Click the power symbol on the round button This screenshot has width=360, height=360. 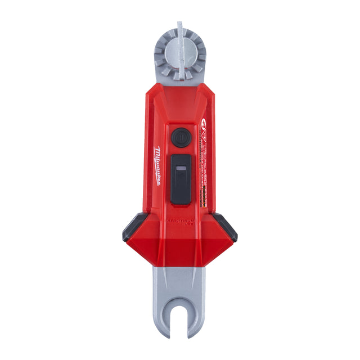coord(180,137)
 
